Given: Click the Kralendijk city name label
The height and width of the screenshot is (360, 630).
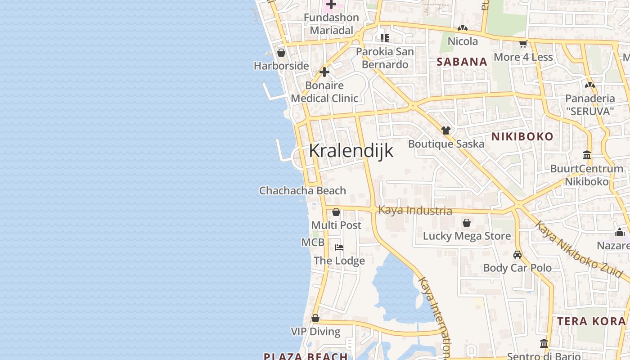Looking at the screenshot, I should tap(351, 151).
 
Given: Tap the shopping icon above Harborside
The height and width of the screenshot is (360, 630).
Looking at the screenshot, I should tap(281, 53).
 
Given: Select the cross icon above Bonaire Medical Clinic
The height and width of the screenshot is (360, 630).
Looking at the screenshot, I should tap(324, 72).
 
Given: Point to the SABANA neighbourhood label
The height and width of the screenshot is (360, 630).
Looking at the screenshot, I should tap(462, 62).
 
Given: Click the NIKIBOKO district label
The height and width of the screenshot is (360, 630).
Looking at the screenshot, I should tap(522, 137).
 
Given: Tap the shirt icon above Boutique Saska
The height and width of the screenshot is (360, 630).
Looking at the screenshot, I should tap(446, 130).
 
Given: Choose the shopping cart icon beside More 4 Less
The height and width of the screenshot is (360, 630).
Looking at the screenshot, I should tap(523, 44).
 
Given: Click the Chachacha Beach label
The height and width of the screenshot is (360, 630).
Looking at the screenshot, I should tap(302, 191).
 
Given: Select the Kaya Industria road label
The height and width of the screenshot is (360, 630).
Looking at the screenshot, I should tap(415, 210).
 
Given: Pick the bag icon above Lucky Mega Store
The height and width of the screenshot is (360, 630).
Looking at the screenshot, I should tap(467, 223).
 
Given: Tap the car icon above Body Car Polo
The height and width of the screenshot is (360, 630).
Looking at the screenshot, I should tap(517, 255).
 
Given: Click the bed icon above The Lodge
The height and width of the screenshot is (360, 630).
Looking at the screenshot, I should tap(339, 247).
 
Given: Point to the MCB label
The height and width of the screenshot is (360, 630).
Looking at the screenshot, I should tap(313, 243).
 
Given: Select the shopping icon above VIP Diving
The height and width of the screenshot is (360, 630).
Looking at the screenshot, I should tap(315, 319).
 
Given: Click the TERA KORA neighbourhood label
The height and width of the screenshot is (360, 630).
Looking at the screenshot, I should tap(591, 321).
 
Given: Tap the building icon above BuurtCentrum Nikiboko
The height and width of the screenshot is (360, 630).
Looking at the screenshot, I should tap(587, 155).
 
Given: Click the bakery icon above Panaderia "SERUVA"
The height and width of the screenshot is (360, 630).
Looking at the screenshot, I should tap(589, 85).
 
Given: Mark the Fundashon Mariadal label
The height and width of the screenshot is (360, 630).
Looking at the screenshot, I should tap(331, 24).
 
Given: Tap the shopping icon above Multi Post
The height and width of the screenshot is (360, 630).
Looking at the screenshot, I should tap(336, 212).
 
